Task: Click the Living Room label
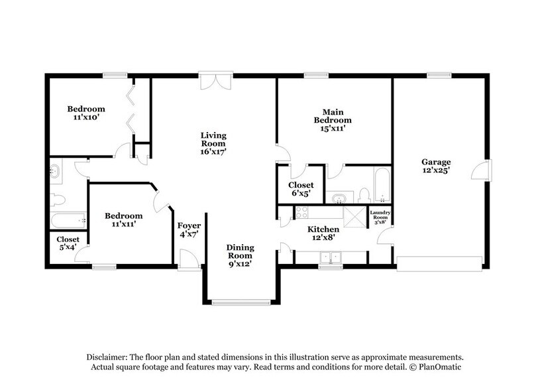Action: [213, 143]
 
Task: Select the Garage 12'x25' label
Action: [435, 166]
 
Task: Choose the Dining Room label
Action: [241, 255]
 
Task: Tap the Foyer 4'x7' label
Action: [188, 229]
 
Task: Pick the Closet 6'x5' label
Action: [300, 189]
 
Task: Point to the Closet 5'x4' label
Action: [68, 243]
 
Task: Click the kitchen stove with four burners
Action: [301, 213]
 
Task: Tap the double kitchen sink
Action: [329, 257]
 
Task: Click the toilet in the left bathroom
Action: [58, 198]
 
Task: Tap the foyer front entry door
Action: [189, 261]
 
